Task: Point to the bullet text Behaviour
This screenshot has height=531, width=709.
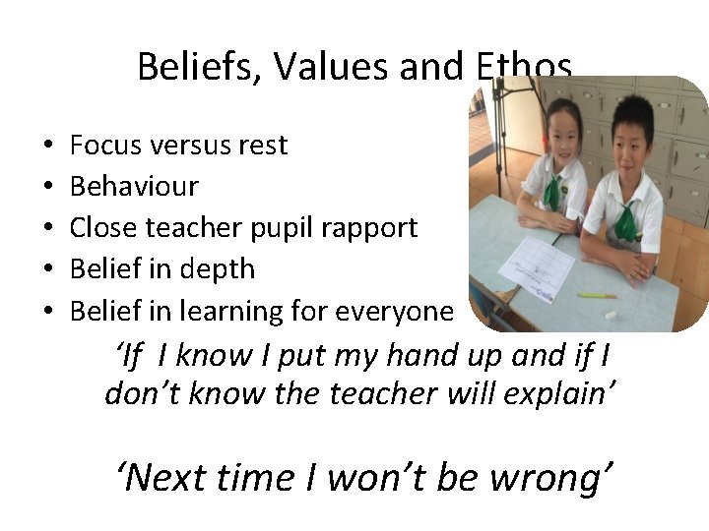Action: [134, 186]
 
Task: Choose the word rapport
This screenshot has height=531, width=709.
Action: [369, 228]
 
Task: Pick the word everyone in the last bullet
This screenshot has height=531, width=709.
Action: [396, 312]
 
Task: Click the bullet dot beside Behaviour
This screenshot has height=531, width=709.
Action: [48, 187]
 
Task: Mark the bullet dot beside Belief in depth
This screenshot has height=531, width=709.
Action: [48, 270]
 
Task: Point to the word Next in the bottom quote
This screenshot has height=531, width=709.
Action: [166, 478]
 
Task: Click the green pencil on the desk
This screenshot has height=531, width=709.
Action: [597, 295]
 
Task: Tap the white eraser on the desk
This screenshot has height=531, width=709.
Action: [611, 315]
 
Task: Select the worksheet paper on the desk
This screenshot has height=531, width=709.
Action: [537, 266]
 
